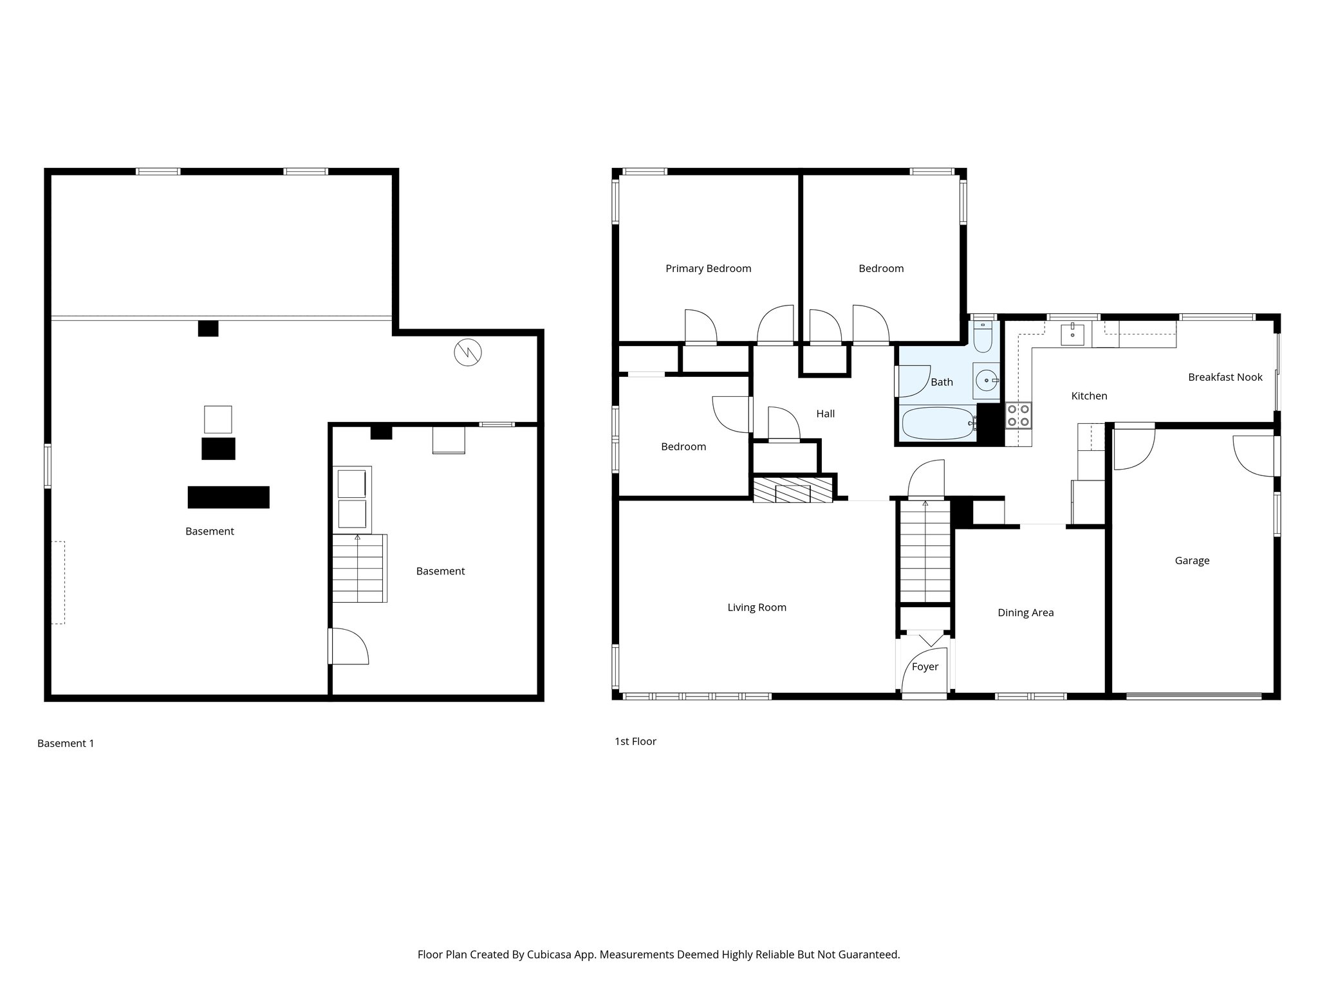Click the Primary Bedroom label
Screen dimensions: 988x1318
(708, 268)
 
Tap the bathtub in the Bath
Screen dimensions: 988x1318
(939, 423)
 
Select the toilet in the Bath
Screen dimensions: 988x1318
(983, 338)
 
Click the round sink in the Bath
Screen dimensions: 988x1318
(985, 381)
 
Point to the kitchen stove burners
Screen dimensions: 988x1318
(1018, 415)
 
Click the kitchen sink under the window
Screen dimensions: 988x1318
(1072, 334)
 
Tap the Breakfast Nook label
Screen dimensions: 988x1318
(1225, 377)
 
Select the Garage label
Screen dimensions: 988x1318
(1192, 560)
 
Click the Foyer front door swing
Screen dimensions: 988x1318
(924, 675)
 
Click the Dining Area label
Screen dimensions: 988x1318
(1025, 612)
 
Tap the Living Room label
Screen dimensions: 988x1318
(757, 607)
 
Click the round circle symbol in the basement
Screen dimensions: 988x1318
(468, 352)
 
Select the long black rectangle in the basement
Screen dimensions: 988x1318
(228, 497)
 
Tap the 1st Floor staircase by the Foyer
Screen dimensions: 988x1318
(925, 553)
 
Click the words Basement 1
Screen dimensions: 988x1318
(66, 743)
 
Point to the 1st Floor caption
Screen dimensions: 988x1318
(635, 741)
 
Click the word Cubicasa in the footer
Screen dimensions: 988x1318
(550, 954)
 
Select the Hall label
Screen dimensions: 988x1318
(825, 414)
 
